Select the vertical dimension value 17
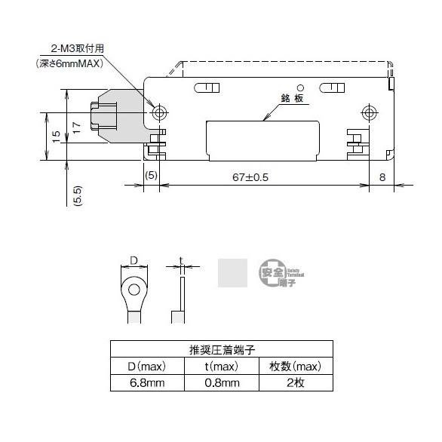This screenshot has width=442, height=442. (75, 127)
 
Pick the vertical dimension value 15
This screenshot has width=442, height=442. (57, 137)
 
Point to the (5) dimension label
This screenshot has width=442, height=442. (152, 176)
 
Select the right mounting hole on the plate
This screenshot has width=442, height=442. (369, 114)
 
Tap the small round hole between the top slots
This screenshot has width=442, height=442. (299, 88)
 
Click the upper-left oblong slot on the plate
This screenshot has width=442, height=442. (206, 87)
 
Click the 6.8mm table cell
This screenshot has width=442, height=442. (148, 382)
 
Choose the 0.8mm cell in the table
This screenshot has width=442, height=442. (223, 382)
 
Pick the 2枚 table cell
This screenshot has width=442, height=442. (295, 382)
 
